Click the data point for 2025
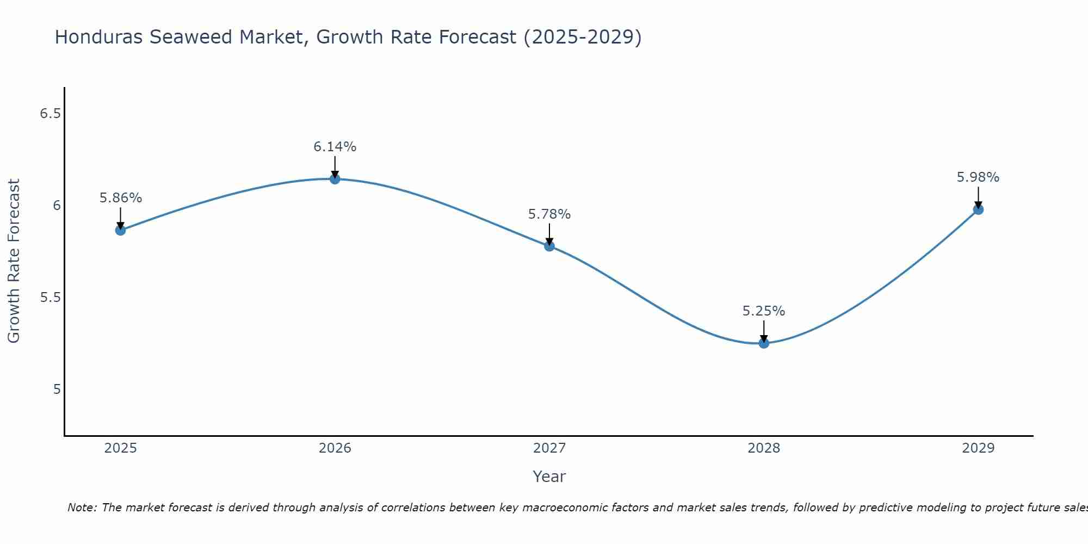(x=120, y=230)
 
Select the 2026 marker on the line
(x=335, y=179)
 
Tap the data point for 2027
(x=549, y=246)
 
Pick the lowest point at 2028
(x=764, y=343)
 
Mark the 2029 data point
(x=978, y=209)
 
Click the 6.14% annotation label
(x=335, y=147)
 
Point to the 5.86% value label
(x=120, y=198)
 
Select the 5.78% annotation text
(x=549, y=214)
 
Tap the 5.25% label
(x=764, y=311)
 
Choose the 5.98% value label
(x=978, y=177)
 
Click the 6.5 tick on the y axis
(x=51, y=114)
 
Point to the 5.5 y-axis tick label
(x=51, y=298)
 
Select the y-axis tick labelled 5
(x=57, y=390)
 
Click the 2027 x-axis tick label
(x=549, y=448)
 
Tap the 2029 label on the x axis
(x=978, y=448)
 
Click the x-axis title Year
(x=549, y=477)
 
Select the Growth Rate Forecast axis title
(x=14, y=261)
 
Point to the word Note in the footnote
(x=82, y=508)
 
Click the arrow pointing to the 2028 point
(x=764, y=331)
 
